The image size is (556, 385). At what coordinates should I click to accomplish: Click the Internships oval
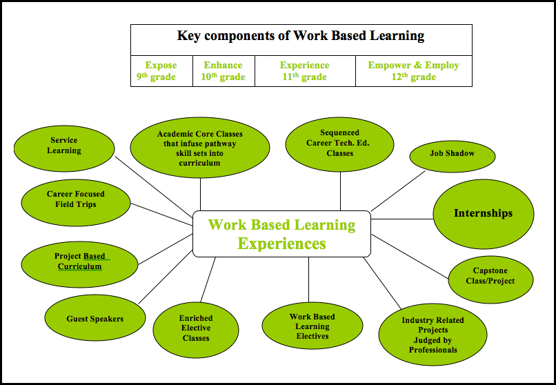point(483,214)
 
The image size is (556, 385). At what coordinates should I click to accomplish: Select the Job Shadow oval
point(452,154)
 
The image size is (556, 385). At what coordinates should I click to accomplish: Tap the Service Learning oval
point(64,146)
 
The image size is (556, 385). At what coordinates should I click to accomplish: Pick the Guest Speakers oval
point(95,319)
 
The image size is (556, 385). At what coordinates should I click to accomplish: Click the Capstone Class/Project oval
point(493,276)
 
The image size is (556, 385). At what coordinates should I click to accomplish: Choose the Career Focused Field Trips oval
point(76,199)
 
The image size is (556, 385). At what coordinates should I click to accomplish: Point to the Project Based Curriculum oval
point(80,261)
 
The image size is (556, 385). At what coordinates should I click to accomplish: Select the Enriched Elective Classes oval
point(196,328)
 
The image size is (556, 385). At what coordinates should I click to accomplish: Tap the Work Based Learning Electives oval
point(312,326)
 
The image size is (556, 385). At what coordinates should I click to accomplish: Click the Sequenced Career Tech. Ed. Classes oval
point(339,144)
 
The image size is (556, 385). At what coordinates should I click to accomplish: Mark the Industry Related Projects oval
point(433,335)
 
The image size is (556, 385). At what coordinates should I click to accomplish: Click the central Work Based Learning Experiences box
point(281,234)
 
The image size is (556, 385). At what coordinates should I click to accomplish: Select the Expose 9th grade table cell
point(161,71)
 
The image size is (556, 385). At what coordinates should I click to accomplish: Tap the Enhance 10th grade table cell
point(223,71)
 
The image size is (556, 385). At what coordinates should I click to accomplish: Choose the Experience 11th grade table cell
point(304,71)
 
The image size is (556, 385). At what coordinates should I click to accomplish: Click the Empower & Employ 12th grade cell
point(413,71)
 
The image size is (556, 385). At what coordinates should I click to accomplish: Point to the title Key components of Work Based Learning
point(301,36)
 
